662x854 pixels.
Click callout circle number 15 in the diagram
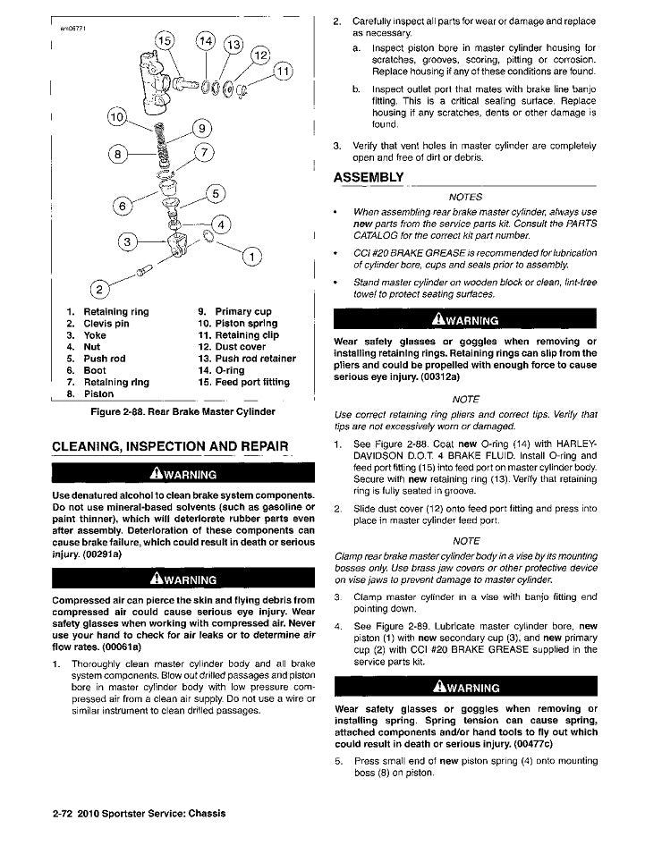167,42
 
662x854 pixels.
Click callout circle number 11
284,73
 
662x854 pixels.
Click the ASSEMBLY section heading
368,175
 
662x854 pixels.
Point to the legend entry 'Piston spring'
237,324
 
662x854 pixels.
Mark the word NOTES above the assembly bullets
464,197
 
